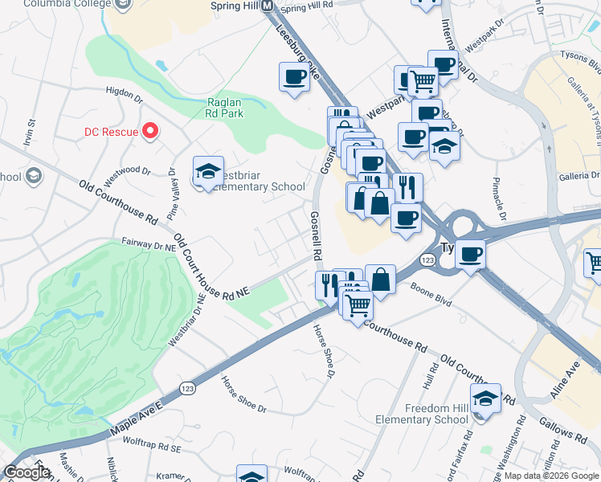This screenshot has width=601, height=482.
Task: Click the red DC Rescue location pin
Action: tap(149, 130)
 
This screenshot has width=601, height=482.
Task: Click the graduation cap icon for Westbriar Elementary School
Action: tap(208, 172)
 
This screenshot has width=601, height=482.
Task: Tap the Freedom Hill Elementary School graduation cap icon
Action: tap(485, 398)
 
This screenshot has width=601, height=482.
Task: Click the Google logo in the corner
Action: tap(27, 472)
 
